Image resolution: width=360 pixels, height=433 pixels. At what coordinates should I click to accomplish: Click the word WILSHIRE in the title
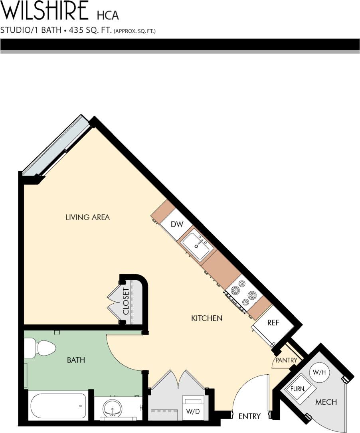click(45, 11)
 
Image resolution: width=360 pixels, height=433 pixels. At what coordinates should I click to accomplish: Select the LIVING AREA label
click(87, 217)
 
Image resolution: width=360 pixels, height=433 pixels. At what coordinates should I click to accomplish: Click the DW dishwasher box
click(177, 224)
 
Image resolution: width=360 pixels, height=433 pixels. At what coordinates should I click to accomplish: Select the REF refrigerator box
click(273, 323)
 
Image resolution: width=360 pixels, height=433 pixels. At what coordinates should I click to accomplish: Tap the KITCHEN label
click(206, 318)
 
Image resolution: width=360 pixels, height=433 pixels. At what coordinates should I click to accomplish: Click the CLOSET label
click(127, 302)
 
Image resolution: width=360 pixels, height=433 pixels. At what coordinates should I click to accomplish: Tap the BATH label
click(76, 360)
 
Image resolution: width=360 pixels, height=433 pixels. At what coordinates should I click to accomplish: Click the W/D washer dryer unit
click(193, 407)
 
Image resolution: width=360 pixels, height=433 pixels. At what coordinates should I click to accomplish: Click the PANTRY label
click(287, 360)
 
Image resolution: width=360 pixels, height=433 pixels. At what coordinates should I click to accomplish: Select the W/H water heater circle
click(319, 372)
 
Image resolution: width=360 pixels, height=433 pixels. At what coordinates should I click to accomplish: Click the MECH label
click(326, 402)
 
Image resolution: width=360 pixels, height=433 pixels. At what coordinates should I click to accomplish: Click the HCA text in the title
click(108, 15)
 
